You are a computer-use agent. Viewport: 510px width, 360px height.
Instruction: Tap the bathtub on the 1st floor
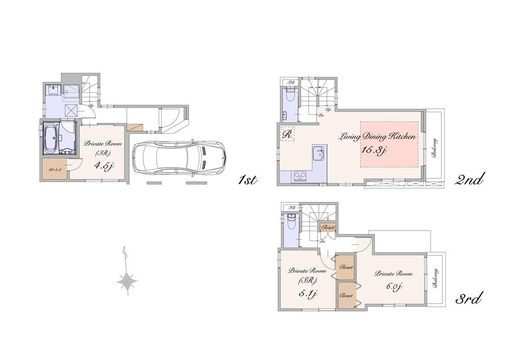52,138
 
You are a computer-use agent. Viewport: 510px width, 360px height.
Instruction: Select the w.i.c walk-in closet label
55,170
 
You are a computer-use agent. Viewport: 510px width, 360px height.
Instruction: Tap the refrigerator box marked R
287,134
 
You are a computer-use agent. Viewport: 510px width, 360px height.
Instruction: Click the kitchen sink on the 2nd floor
318,151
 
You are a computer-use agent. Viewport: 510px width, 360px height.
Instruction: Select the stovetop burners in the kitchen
299,176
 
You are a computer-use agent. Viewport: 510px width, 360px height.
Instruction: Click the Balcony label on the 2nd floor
435,148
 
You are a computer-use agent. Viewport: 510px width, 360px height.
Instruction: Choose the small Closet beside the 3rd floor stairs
328,227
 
